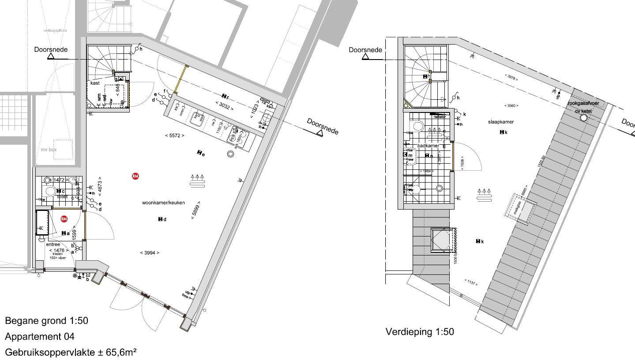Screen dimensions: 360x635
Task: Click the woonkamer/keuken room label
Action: click(x=163, y=203)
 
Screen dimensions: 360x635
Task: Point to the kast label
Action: click(x=95, y=83)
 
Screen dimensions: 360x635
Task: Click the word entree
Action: click(x=53, y=244)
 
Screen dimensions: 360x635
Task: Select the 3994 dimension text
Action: click(x=150, y=253)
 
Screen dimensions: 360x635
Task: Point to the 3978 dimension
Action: click(x=511, y=77)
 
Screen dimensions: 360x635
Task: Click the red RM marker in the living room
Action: click(x=135, y=176)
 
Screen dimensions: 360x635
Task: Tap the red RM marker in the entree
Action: click(x=64, y=219)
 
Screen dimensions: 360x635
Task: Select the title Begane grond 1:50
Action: click(x=47, y=321)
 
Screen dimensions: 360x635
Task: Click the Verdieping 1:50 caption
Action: click(x=420, y=331)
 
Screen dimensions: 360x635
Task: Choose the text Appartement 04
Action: click(x=40, y=337)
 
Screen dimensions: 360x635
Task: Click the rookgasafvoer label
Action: click(x=583, y=103)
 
